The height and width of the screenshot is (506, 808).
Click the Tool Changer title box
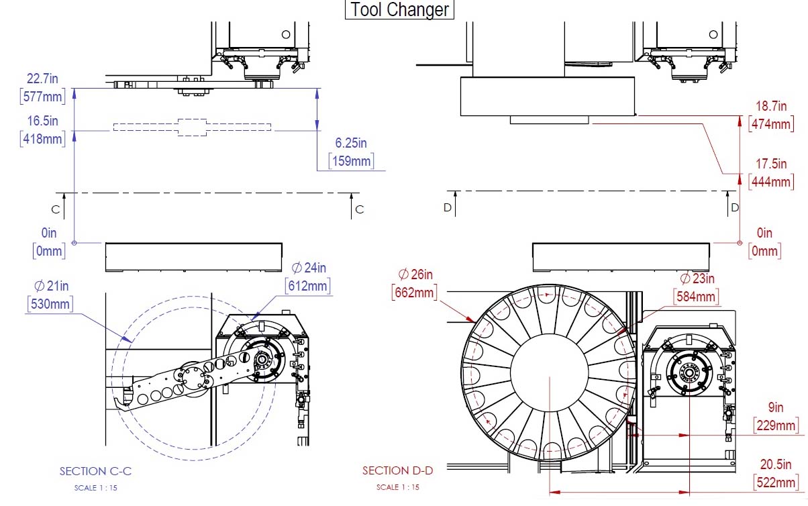pos(399,9)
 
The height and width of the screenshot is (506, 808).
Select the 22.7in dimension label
pos(42,79)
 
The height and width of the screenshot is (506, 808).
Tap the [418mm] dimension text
pos(42,139)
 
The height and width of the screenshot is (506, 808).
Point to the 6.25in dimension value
pos(350,143)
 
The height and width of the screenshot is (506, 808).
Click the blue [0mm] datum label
pos(49,251)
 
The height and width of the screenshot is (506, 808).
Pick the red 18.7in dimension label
pos(771,106)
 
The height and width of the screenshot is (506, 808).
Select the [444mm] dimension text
pos(771,182)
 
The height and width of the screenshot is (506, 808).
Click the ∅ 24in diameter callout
pos(309,268)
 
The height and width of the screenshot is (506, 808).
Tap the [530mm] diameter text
pos(50,304)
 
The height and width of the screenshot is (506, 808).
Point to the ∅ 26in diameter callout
pos(415,274)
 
